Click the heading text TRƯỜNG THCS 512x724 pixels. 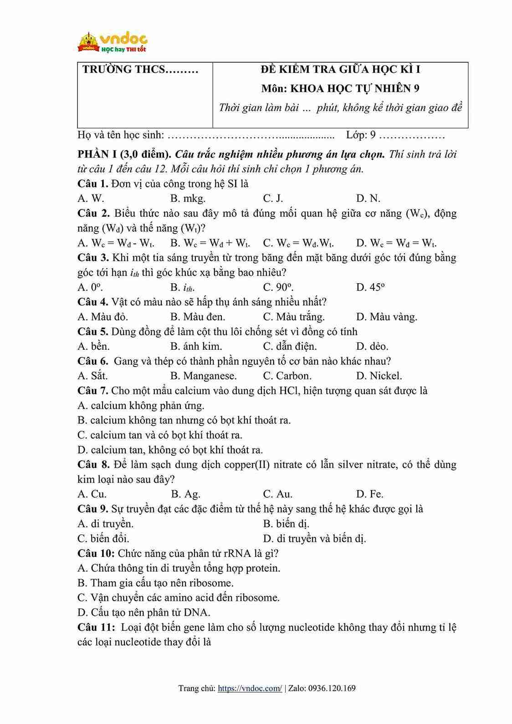[x=140, y=69]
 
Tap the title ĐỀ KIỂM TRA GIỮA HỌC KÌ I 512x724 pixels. [x=340, y=69]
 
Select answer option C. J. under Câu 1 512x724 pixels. [x=273, y=198]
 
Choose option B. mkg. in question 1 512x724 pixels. [x=188, y=198]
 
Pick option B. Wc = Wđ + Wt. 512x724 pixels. [x=210, y=243]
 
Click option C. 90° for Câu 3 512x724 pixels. [x=278, y=287]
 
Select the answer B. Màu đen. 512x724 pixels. [x=198, y=317]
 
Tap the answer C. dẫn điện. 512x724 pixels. [x=290, y=347]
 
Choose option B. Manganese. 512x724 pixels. [x=203, y=376]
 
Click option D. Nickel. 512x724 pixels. [x=379, y=376]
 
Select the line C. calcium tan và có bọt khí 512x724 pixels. [x=160, y=435]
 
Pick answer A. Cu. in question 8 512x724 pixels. [x=92, y=494]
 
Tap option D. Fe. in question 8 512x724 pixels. [x=369, y=494]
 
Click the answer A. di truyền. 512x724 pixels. [x=106, y=524]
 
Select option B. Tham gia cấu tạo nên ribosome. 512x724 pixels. [x=155, y=583]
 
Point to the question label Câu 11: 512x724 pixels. [x=96, y=627]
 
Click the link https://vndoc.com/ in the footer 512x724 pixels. [x=250, y=688]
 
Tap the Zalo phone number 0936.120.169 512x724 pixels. [x=332, y=688]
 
